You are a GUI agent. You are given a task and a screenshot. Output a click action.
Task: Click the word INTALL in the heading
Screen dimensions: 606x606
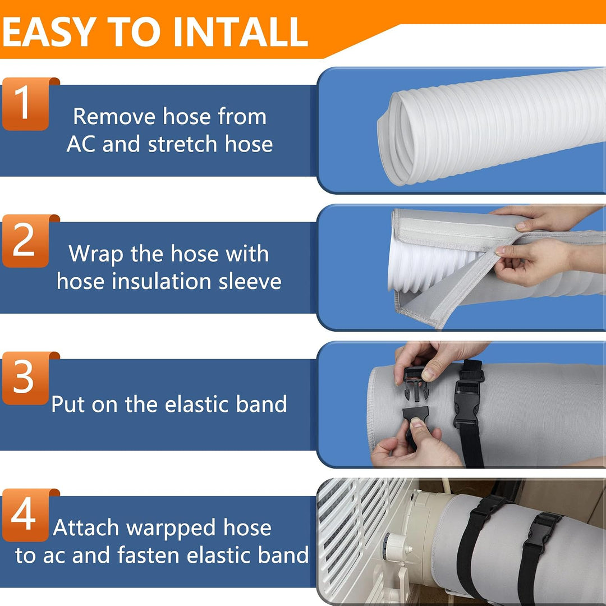click(x=240, y=31)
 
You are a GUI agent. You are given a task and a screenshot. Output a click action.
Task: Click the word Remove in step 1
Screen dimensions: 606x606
click(x=115, y=116)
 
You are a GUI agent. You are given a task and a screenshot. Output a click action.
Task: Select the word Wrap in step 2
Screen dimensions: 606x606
click(x=96, y=254)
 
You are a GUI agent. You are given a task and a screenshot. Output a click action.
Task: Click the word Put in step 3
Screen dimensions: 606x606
click(x=68, y=404)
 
